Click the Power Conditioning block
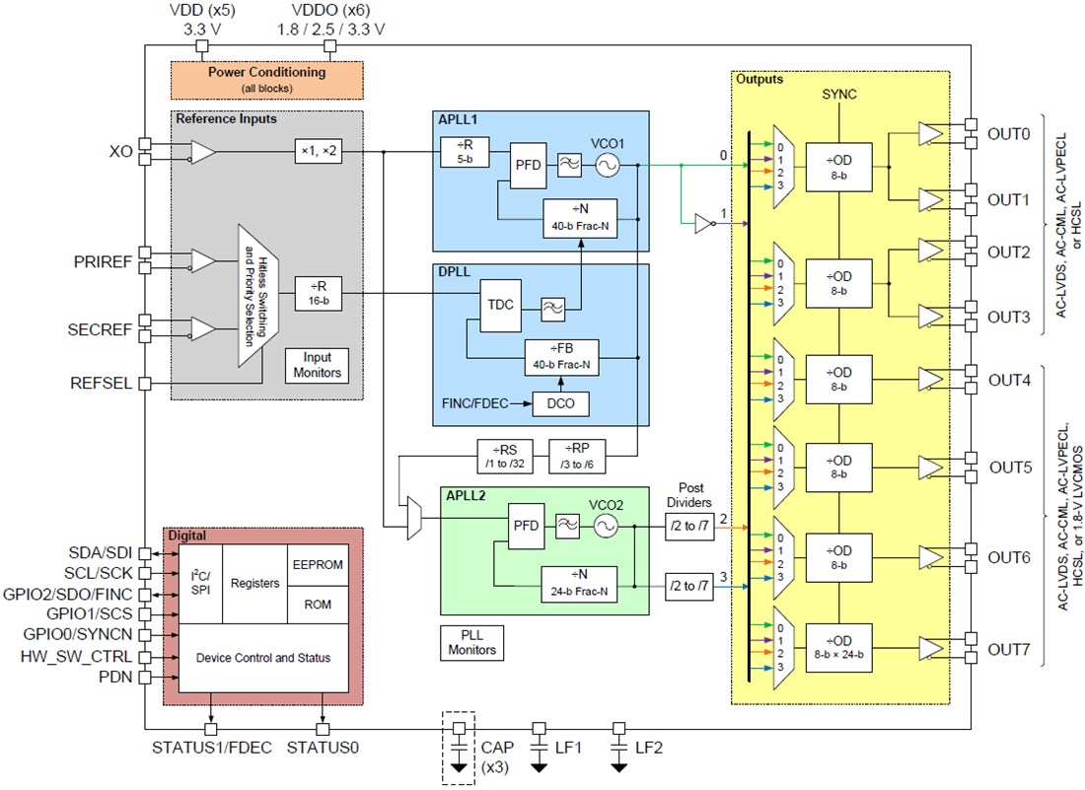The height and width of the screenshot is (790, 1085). coord(266,78)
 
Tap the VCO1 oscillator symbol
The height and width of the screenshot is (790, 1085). coord(606,167)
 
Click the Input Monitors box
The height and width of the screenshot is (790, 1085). coord(318,365)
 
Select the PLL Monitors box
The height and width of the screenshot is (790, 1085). coord(472,642)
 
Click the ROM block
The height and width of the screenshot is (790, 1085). coord(318,604)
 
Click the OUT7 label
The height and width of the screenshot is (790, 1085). coord(1010,650)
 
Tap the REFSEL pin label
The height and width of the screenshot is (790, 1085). coord(103,384)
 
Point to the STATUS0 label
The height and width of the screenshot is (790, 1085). coord(322,748)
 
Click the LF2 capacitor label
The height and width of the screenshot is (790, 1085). coord(649,748)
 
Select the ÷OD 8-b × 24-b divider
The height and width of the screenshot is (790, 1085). coord(838,647)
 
